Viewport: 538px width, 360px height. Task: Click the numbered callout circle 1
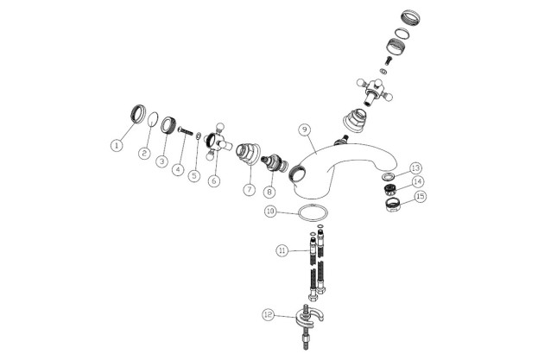click(117, 145)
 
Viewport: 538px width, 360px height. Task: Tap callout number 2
click(144, 153)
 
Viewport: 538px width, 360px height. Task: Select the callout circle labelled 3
click(162, 161)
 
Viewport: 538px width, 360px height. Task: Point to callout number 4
click(178, 169)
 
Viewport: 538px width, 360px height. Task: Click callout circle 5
click(194, 175)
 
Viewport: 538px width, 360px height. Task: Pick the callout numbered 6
click(214, 180)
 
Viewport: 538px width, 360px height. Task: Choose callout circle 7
click(250, 189)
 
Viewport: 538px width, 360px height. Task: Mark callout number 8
click(269, 192)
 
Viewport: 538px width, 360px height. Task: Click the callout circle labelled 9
click(305, 129)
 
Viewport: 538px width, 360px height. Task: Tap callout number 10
click(270, 211)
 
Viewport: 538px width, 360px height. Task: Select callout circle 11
click(282, 250)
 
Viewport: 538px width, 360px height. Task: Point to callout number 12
click(269, 314)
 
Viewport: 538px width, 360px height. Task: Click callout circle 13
click(415, 168)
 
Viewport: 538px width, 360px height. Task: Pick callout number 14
click(418, 181)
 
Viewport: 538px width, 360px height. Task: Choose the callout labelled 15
click(421, 196)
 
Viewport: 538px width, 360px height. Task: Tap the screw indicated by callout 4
click(186, 131)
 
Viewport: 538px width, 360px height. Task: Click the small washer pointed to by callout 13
click(388, 177)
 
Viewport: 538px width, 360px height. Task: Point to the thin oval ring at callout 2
click(149, 119)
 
